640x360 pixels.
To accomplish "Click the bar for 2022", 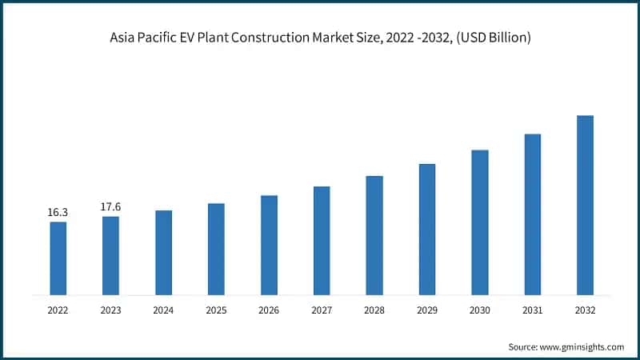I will (58, 258).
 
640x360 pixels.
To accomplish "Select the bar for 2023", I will (110, 255).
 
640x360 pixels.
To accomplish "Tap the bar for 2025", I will (216, 249).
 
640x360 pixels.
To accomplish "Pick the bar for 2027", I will (322, 240).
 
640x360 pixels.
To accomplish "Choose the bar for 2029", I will (427, 229).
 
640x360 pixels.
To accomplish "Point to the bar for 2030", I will (480, 222).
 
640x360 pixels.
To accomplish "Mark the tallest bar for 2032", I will (586, 205).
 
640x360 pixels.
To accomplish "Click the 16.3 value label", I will (58, 213).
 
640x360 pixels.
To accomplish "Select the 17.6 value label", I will (110, 207).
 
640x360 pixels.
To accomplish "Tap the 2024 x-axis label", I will (163, 310).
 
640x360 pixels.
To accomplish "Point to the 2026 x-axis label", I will (269, 310).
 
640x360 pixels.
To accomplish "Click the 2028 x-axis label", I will (374, 310).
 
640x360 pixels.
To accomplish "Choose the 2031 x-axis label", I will (533, 310).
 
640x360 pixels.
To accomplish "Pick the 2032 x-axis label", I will (586, 310).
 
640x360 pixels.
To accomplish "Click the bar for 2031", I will (533, 214).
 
